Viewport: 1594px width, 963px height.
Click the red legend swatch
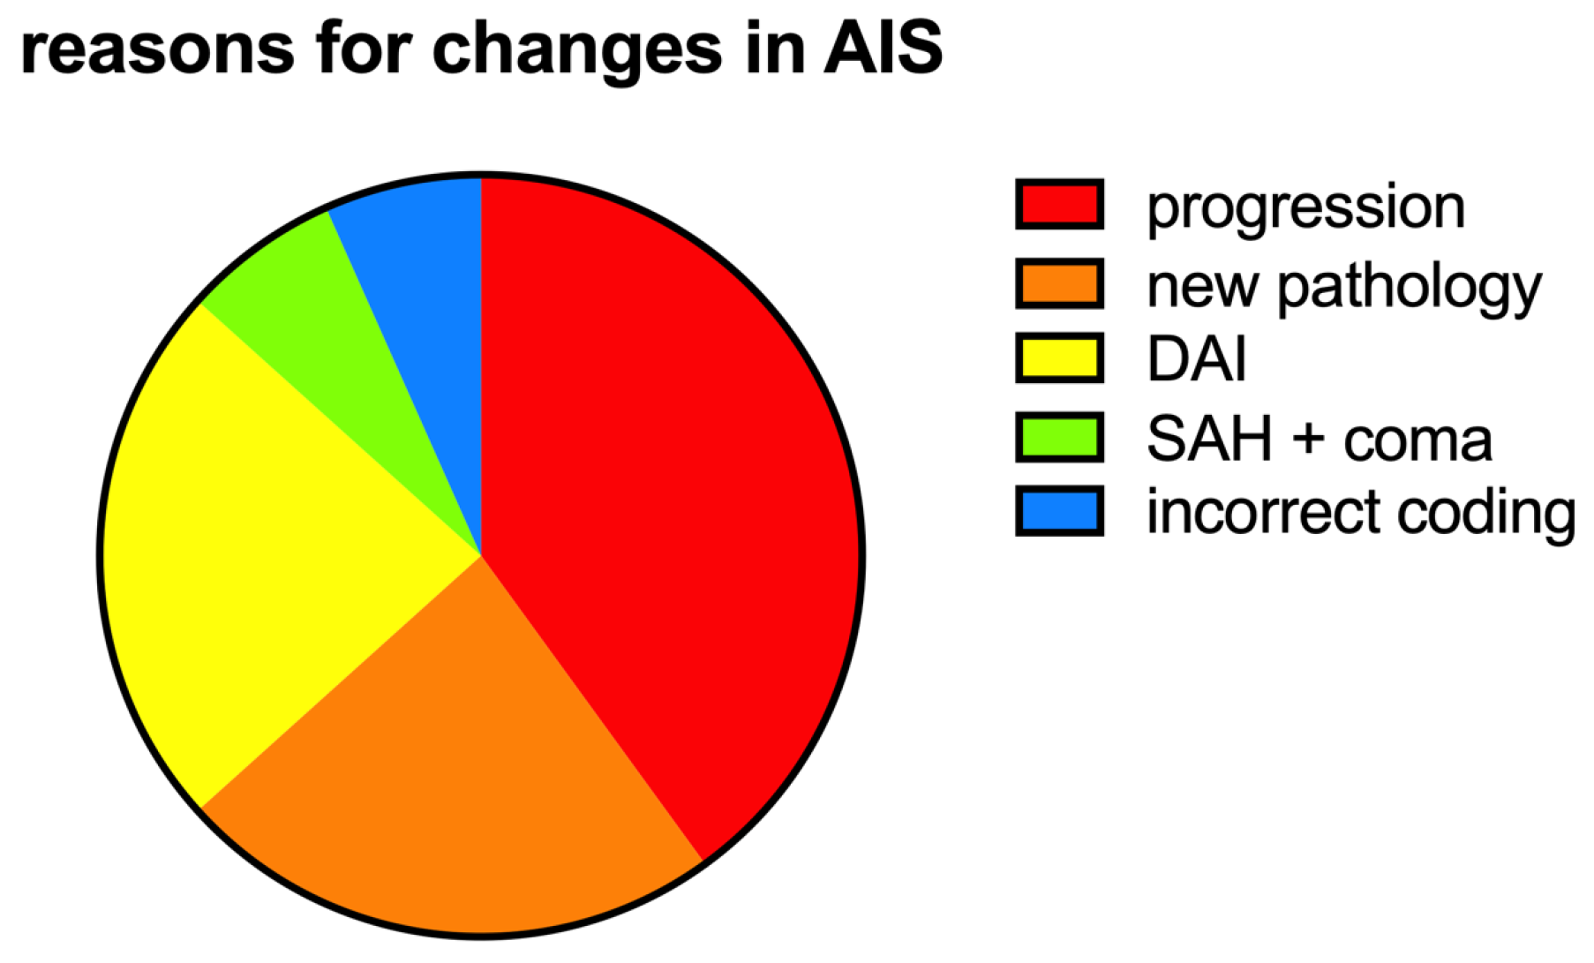coord(1059,205)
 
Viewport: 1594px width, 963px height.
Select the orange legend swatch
coord(1059,283)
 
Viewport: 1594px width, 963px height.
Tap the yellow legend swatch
coord(1059,358)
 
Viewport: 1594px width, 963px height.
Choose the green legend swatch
coord(1059,437)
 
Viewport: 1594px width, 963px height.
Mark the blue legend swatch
coord(1059,511)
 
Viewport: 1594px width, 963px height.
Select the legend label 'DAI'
coord(1196,359)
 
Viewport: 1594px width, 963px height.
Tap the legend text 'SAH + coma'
coord(1320,438)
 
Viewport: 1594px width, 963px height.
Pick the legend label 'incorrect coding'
coord(1361,514)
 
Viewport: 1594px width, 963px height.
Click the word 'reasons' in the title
coord(156,49)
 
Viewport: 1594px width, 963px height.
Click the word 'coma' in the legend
coord(1418,442)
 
